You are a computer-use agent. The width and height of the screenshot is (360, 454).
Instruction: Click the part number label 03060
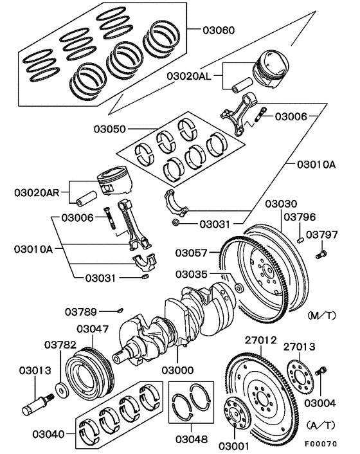click(219, 30)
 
